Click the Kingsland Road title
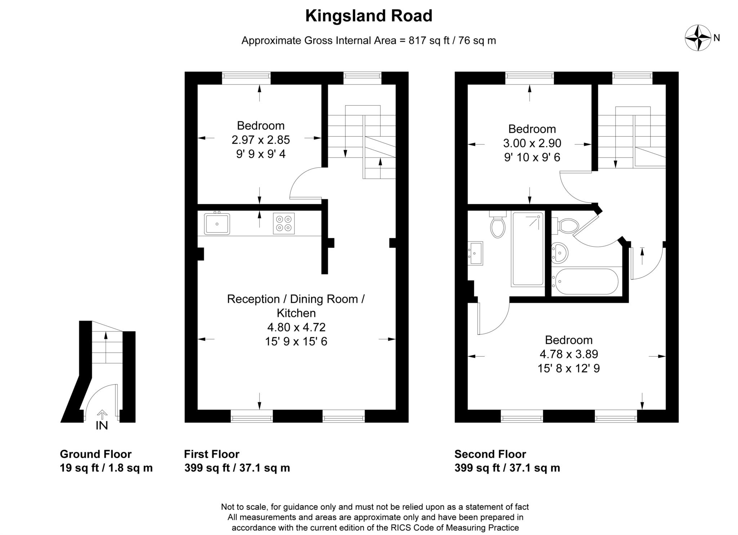pyautogui.click(x=369, y=16)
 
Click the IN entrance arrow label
pyautogui.click(x=102, y=425)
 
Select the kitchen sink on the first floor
pyautogui.click(x=217, y=224)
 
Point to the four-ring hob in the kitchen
pyautogui.click(x=284, y=223)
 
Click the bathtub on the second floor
pyautogui.click(x=587, y=282)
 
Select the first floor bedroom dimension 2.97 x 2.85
pyautogui.click(x=261, y=140)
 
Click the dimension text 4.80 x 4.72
pyautogui.click(x=296, y=327)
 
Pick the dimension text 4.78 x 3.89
pyautogui.click(x=569, y=354)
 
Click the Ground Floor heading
pyautogui.click(x=95, y=454)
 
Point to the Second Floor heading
pyautogui.click(x=490, y=454)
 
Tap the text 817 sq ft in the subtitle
pyautogui.click(x=429, y=41)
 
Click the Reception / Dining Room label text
pyautogui.click(x=295, y=299)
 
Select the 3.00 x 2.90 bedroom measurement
pyautogui.click(x=532, y=143)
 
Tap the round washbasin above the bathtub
pyautogui.click(x=560, y=252)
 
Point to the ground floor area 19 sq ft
pyautogui.click(x=79, y=468)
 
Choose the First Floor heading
pyautogui.click(x=212, y=454)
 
